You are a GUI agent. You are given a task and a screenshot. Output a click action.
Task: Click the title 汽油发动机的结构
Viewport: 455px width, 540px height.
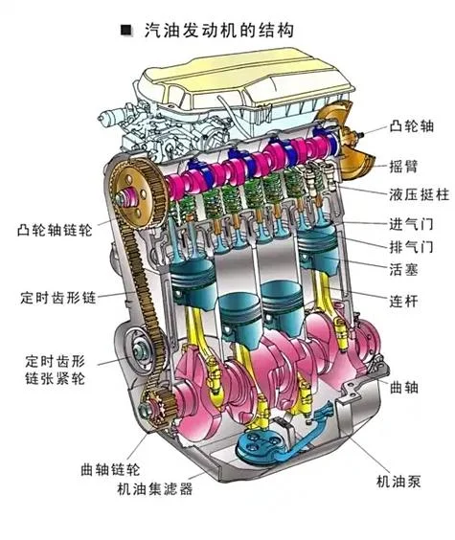[x=219, y=31]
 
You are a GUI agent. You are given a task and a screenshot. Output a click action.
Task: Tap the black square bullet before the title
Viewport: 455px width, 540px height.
[x=126, y=30]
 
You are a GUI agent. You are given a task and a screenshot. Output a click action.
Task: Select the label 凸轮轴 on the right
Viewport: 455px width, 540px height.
[x=412, y=126]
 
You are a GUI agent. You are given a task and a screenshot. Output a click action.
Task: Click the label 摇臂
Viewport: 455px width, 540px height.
[x=403, y=167]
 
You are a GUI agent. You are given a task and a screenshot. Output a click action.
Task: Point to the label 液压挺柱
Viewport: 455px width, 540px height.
[x=420, y=195]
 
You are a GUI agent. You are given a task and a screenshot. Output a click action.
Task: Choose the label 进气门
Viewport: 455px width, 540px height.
[x=411, y=225]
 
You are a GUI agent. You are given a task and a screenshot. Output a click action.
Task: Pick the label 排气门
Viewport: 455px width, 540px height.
[x=411, y=247]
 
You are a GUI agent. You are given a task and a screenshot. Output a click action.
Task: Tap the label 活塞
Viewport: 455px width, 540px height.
[x=403, y=269]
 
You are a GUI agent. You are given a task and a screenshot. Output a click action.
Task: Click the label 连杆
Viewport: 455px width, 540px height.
[x=403, y=302]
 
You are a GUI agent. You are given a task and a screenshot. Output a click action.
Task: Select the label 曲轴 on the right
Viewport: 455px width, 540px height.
[x=403, y=388]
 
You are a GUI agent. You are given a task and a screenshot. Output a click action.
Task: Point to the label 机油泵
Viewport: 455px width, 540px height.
[x=398, y=481]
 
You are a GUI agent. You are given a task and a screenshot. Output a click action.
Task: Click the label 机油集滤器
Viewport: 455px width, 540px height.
[x=154, y=488]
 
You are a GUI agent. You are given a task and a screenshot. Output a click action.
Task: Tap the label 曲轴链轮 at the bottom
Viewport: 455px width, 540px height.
[x=110, y=469]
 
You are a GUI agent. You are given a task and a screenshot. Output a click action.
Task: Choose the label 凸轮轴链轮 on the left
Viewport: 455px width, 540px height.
[x=55, y=230]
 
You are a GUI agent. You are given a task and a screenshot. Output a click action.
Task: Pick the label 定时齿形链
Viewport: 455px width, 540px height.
[x=58, y=298]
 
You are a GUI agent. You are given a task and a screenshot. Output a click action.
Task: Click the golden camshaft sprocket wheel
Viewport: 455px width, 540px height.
[x=139, y=193]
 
